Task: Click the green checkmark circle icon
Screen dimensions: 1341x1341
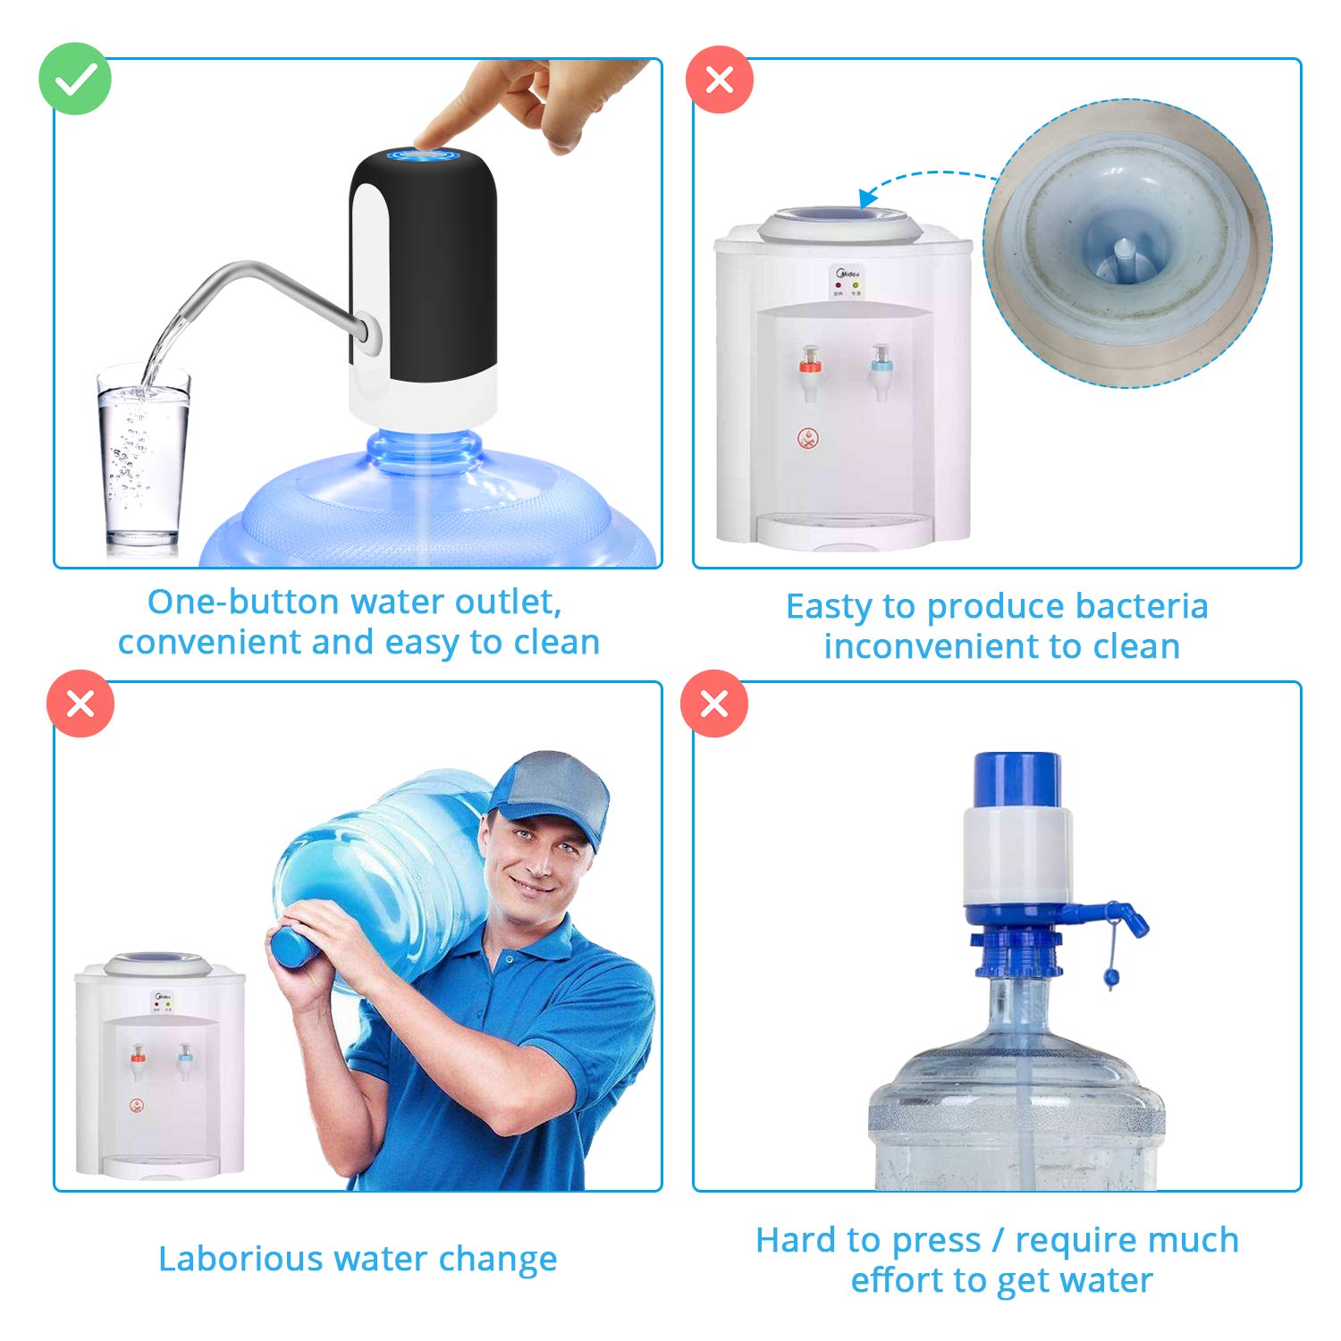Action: pyautogui.click(x=75, y=80)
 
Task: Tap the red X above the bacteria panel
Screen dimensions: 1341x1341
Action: pyautogui.click(x=720, y=80)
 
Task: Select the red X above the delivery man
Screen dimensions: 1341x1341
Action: pyautogui.click(x=80, y=704)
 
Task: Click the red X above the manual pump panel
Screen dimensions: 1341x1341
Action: pyautogui.click(x=714, y=704)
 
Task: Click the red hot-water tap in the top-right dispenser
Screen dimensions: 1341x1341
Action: pyautogui.click(x=810, y=365)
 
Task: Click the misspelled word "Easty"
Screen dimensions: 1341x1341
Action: pyautogui.click(x=830, y=607)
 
